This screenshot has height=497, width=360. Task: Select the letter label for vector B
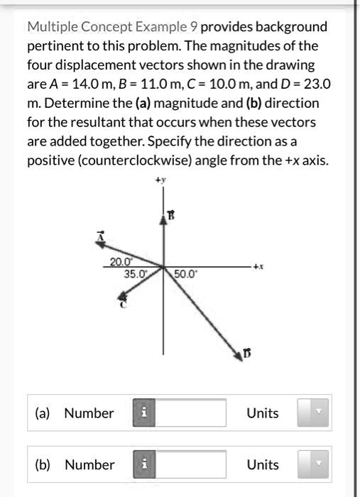(x=171, y=214)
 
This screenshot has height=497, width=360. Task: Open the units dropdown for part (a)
(x=313, y=413)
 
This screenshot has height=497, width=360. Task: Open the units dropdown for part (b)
(x=313, y=465)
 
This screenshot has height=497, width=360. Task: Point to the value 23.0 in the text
(x=315, y=84)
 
